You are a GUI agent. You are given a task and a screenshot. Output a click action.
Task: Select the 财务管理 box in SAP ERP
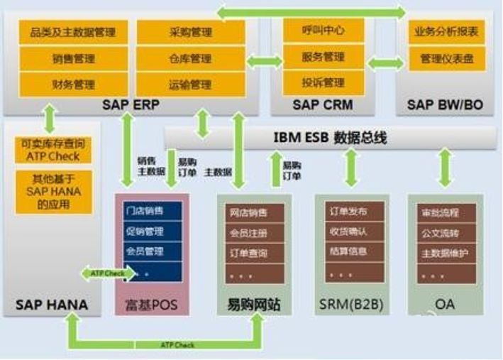[73, 84]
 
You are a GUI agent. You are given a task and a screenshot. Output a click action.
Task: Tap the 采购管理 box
[190, 32]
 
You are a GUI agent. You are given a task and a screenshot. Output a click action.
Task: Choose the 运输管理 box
[190, 84]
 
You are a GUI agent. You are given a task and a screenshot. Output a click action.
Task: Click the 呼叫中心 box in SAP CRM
[324, 31]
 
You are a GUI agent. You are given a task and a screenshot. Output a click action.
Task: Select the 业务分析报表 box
[447, 32]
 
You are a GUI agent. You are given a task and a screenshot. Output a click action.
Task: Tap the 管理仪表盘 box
[447, 58]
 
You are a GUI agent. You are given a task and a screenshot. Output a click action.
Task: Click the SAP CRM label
[323, 105]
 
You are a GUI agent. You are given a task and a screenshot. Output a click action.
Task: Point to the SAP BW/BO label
[446, 105]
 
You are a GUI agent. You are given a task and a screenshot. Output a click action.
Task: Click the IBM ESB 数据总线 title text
[331, 137]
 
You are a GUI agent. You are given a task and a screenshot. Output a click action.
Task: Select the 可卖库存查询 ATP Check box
[54, 150]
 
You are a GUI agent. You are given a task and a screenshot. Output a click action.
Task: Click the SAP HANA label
[52, 306]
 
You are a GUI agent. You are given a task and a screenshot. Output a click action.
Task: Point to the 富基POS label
[152, 306]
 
